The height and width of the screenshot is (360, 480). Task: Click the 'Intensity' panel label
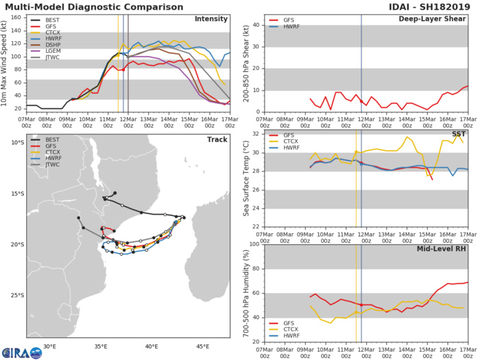pyautogui.click(x=211, y=19)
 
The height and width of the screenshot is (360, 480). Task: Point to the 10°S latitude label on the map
pyautogui.click(x=16, y=143)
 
